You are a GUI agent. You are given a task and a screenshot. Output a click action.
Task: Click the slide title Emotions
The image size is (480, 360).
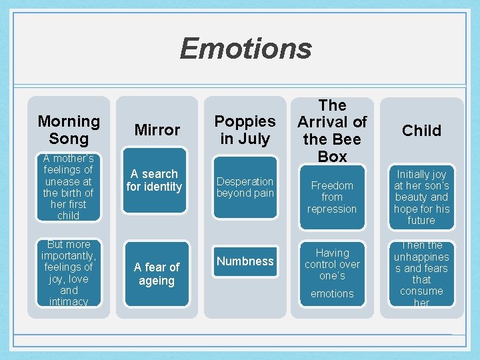click(245, 49)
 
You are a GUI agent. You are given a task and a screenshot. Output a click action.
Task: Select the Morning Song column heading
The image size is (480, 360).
click(69, 130)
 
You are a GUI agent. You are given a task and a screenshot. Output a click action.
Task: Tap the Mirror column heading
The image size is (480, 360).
click(157, 130)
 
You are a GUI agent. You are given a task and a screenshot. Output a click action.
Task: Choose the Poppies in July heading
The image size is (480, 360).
click(245, 130)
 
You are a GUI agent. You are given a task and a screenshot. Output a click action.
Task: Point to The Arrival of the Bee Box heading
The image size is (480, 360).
click(332, 131)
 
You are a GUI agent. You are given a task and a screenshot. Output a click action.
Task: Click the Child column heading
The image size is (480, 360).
click(421, 131)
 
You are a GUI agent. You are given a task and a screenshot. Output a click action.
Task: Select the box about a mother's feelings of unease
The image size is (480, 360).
click(69, 187)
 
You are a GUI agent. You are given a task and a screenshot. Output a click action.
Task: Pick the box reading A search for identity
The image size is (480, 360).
click(155, 181)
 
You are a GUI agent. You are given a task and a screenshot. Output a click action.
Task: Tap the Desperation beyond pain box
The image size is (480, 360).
click(245, 187)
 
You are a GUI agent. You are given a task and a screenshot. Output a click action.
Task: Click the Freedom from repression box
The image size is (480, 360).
click(332, 197)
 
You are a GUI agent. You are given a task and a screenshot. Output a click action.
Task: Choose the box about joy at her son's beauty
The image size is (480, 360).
click(421, 197)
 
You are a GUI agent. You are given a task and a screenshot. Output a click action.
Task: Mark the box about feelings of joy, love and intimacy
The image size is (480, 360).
click(69, 273)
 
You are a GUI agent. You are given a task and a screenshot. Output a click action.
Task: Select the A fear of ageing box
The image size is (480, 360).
click(157, 274)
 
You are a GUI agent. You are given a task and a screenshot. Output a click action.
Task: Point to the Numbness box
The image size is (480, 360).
click(245, 261)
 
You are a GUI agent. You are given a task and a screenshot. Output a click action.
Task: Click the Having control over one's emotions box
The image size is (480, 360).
click(332, 273)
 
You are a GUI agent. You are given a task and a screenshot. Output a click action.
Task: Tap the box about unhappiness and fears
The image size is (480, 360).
click(421, 273)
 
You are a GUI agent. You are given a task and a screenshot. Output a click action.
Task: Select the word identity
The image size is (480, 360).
click(163, 187)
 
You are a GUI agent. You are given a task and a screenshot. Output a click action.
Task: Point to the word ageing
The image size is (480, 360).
click(157, 281)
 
